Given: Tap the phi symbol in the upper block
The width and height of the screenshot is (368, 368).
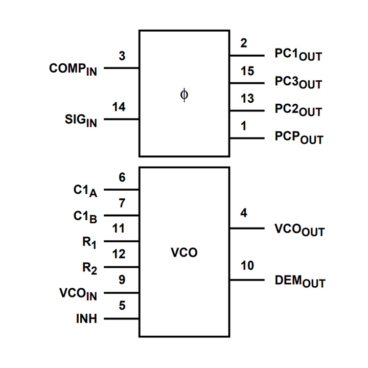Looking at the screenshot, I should (185, 95).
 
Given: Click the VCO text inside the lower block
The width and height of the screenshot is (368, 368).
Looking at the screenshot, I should (185, 253).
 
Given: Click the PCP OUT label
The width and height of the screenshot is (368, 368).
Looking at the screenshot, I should (298, 138).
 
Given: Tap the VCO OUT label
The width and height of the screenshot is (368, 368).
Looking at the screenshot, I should (300, 230).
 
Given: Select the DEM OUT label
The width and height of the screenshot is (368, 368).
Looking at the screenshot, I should (300, 281).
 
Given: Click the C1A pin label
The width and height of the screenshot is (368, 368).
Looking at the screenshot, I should (85, 190).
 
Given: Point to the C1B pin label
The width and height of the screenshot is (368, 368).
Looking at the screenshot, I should (85, 216).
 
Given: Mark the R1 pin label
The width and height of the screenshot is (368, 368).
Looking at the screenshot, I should (89, 242).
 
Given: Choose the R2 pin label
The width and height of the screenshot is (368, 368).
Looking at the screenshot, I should (89, 268).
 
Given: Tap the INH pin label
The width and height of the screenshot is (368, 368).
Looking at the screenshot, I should (86, 319).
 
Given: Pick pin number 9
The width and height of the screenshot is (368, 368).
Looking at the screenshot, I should (122, 280).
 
